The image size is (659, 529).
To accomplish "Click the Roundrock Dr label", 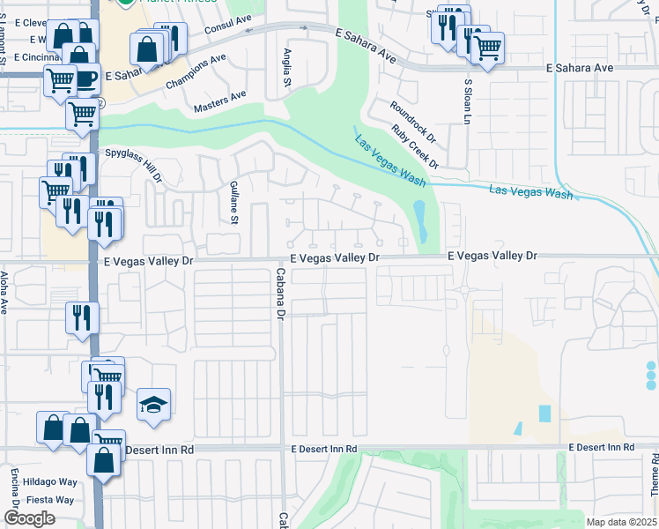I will [413, 121].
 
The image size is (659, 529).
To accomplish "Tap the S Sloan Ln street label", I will [469, 101].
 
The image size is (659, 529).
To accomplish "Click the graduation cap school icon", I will [153, 405].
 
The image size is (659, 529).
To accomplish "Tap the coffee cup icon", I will [85, 78].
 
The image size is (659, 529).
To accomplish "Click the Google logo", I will [29, 518].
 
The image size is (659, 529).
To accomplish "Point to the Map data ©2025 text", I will [620, 522].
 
